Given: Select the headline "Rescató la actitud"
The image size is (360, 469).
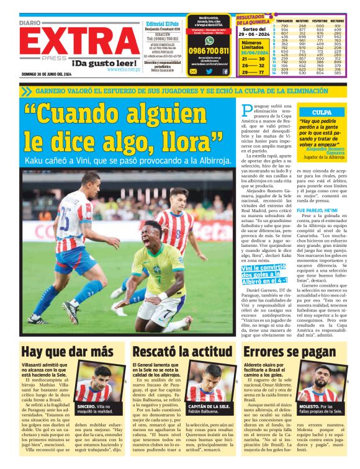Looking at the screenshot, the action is [x=179, y=352].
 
